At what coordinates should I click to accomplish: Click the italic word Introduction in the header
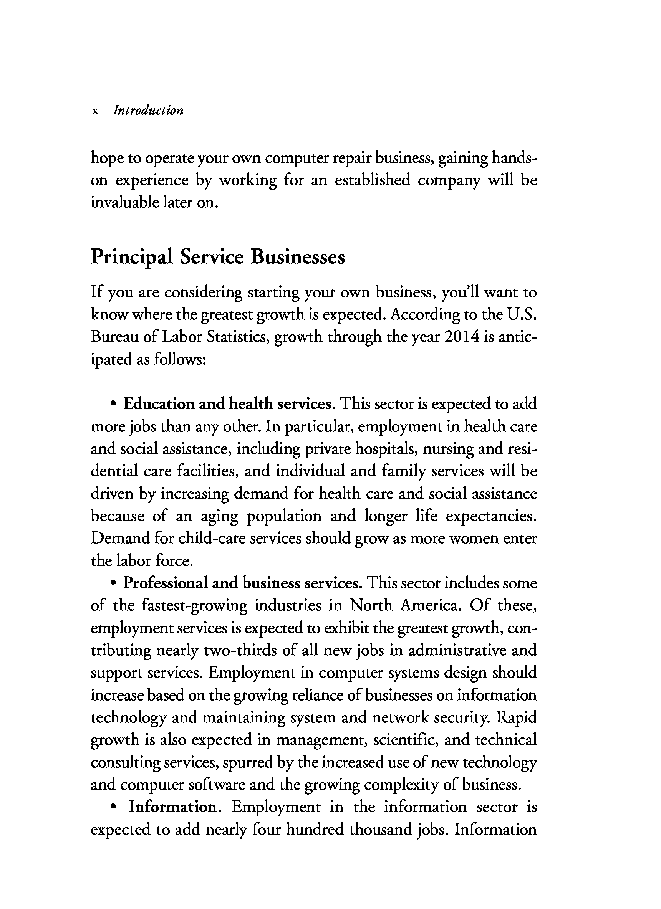point(148,110)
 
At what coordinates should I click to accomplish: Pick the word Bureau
point(114,337)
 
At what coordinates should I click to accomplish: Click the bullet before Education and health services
point(114,404)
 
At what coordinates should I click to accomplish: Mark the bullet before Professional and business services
point(114,583)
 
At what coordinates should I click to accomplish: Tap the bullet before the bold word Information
point(114,807)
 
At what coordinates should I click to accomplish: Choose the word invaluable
point(124,202)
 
